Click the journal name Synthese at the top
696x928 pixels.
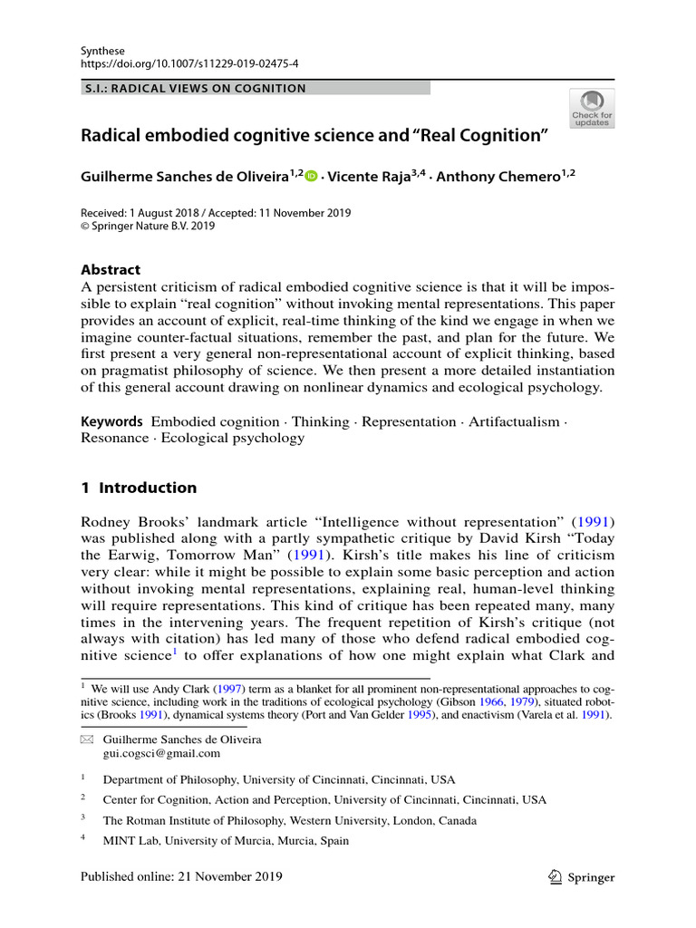click(x=102, y=51)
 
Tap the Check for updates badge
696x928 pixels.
click(x=591, y=108)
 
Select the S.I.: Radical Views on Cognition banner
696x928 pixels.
click(x=194, y=89)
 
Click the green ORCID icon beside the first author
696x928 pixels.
click(x=312, y=178)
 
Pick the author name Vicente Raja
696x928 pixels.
click(x=368, y=178)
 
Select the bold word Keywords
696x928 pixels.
click(x=112, y=421)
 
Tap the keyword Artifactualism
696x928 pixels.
click(x=512, y=421)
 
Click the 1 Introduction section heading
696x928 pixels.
click(x=139, y=488)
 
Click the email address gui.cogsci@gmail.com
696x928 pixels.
click(x=161, y=753)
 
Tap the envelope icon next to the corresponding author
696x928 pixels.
click(x=87, y=739)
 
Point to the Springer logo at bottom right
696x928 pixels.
click(x=581, y=877)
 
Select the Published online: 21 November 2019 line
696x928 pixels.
click(x=181, y=876)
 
